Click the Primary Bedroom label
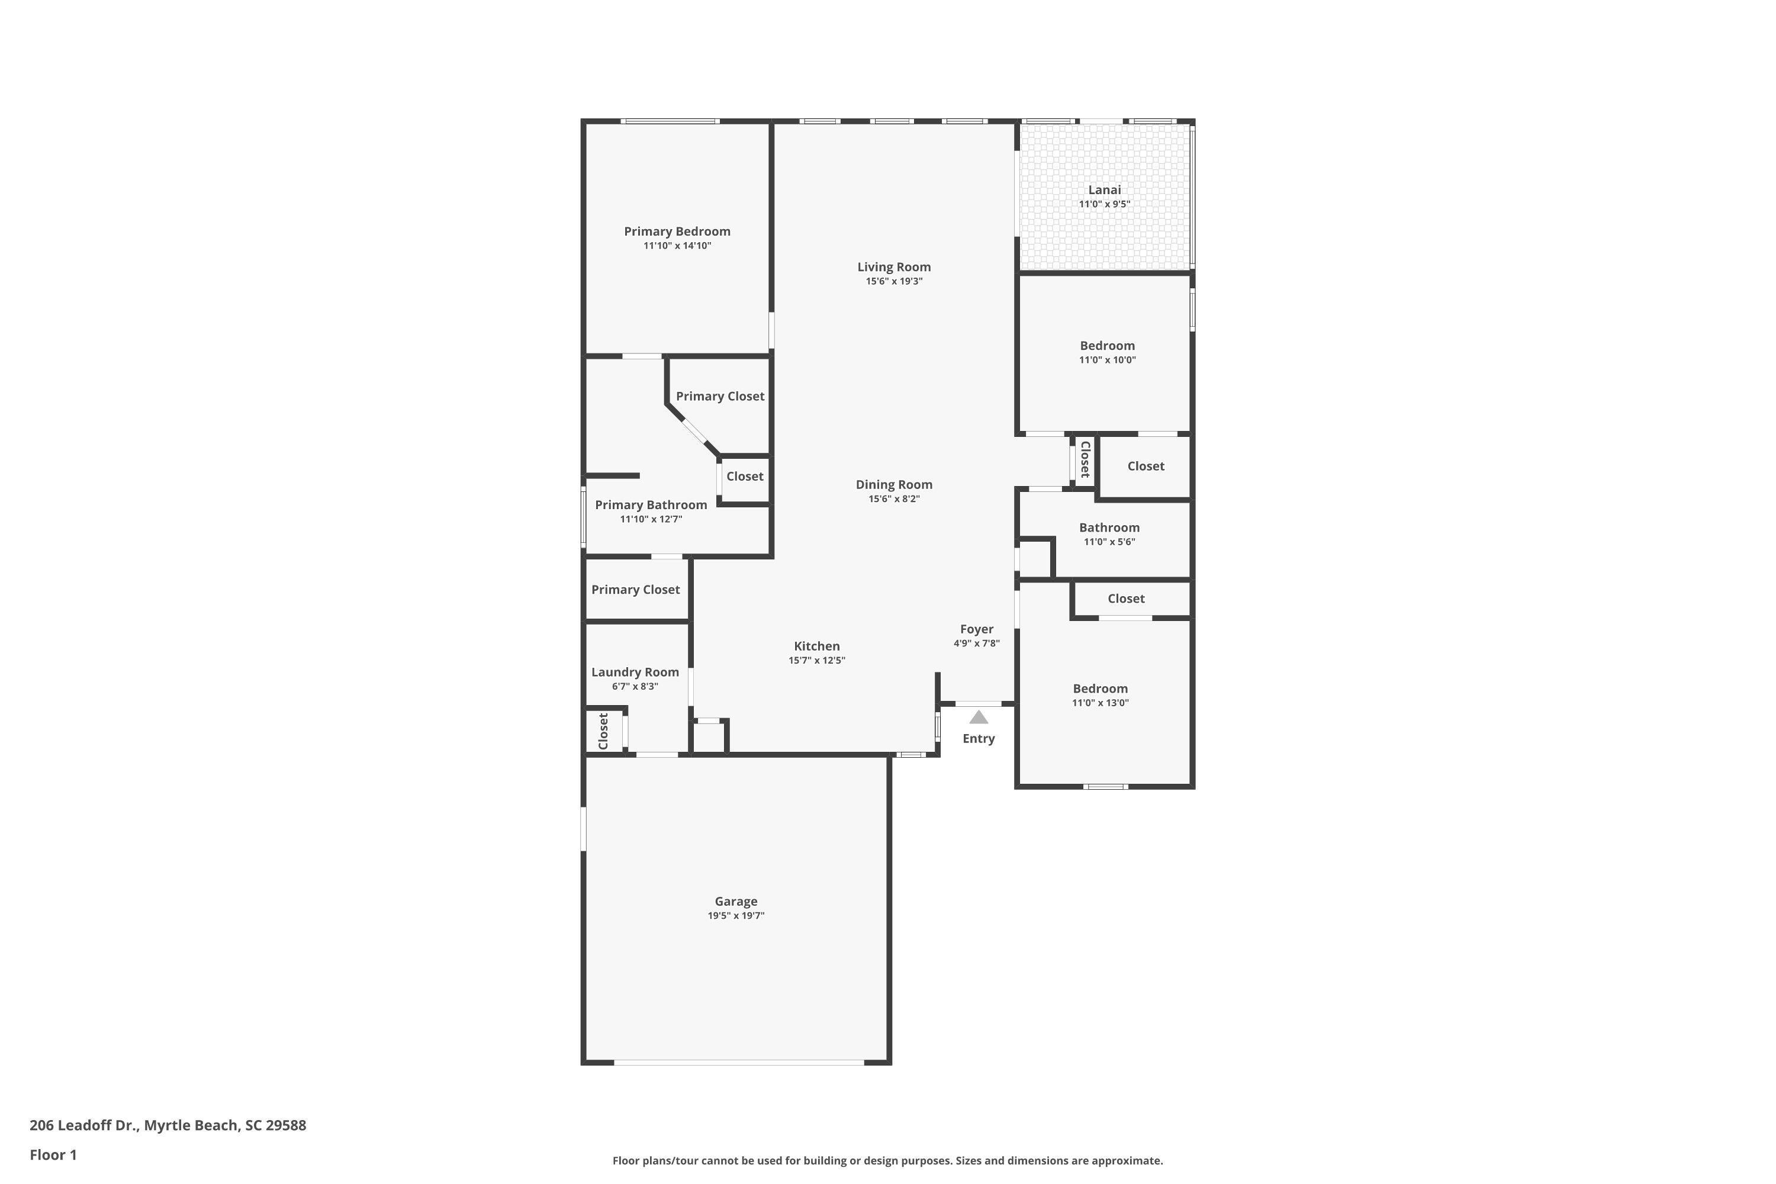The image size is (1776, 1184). (677, 231)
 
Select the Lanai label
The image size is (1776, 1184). (1104, 189)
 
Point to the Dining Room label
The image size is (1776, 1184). (894, 485)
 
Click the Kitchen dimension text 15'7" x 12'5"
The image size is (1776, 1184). (817, 661)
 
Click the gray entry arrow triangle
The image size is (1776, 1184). (979, 718)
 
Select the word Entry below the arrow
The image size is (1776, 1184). (979, 738)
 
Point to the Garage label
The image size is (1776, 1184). (736, 901)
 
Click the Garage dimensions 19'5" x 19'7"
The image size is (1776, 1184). (736, 916)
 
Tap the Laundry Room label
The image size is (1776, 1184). (635, 672)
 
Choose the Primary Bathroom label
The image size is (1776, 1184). (651, 505)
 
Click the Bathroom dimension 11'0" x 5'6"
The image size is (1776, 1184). (1109, 542)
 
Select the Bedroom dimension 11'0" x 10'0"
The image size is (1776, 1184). (1107, 360)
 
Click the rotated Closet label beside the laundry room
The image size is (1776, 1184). (603, 731)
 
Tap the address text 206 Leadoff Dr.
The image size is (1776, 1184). (84, 1125)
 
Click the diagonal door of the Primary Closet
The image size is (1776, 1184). (694, 432)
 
